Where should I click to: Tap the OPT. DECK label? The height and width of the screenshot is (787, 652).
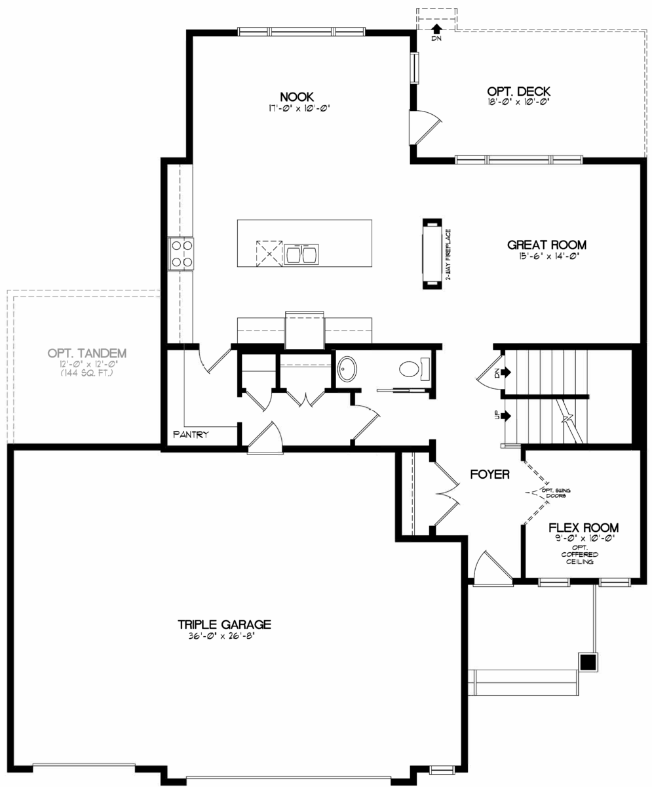(x=518, y=91)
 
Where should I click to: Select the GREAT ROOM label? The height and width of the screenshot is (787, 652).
(x=547, y=245)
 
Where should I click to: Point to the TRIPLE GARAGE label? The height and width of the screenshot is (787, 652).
(x=224, y=624)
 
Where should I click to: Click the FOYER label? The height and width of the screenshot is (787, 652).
(x=489, y=474)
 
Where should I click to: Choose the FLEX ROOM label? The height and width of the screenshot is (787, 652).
(x=583, y=527)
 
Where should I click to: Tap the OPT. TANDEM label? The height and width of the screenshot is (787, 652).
(x=87, y=353)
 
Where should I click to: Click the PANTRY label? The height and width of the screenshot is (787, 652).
(x=191, y=434)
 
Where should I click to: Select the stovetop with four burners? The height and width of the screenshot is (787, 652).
(x=182, y=253)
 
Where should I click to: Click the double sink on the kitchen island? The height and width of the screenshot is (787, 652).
(x=301, y=252)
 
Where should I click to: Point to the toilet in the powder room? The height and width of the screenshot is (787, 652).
(x=411, y=369)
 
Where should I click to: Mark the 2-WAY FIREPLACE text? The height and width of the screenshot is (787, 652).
(x=449, y=254)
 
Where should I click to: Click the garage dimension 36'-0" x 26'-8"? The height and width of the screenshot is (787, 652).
(x=224, y=636)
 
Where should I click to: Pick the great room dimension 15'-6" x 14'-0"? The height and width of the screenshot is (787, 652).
(x=547, y=256)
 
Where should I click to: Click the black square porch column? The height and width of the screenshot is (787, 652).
(x=588, y=662)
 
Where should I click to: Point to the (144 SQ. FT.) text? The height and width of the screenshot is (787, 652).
(x=87, y=373)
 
